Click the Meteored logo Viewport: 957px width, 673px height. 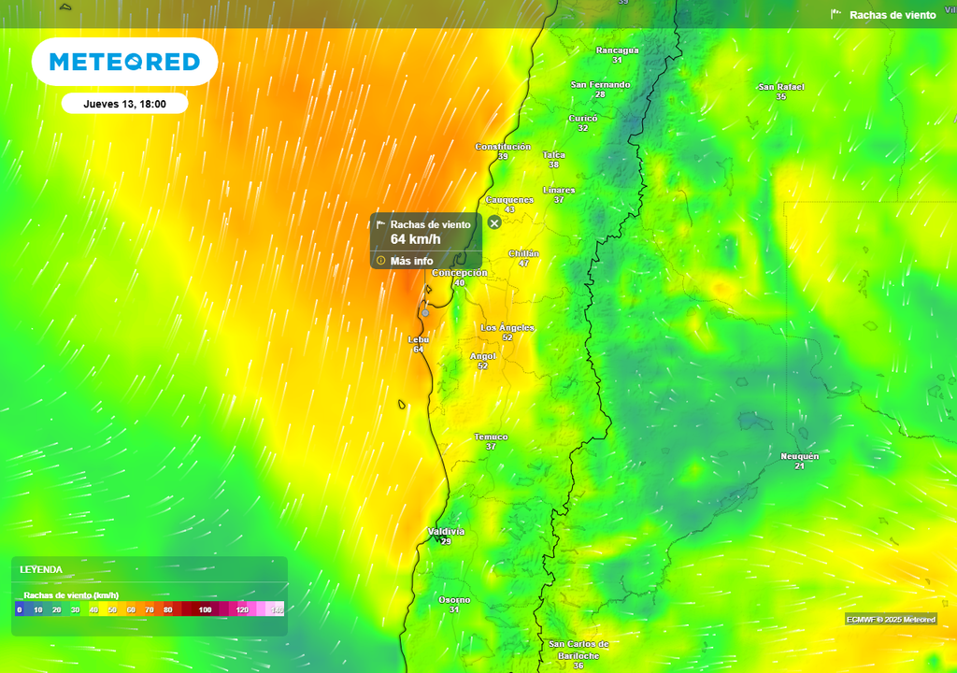click(x=124, y=62)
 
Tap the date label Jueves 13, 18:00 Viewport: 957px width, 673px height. click(x=124, y=104)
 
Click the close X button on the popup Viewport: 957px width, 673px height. click(x=494, y=222)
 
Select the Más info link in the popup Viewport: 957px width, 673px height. click(x=411, y=260)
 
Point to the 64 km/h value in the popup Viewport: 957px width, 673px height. click(x=415, y=239)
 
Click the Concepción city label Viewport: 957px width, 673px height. click(x=459, y=273)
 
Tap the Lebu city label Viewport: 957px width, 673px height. click(x=418, y=339)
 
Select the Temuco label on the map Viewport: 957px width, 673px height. click(x=491, y=437)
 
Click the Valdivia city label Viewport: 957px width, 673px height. click(x=446, y=531)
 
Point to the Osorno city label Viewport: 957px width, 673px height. click(x=454, y=599)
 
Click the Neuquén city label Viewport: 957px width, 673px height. click(x=799, y=456)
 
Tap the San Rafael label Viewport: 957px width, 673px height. click(x=780, y=87)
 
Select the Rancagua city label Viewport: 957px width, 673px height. click(x=617, y=50)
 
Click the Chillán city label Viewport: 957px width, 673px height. click(x=523, y=253)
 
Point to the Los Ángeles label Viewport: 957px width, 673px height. click(x=507, y=327)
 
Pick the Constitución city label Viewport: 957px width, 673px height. click(x=503, y=147)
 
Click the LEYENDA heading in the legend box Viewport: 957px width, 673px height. click(x=41, y=569)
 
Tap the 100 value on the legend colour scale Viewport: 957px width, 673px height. click(x=205, y=609)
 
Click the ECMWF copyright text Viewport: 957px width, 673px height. click(x=890, y=620)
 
